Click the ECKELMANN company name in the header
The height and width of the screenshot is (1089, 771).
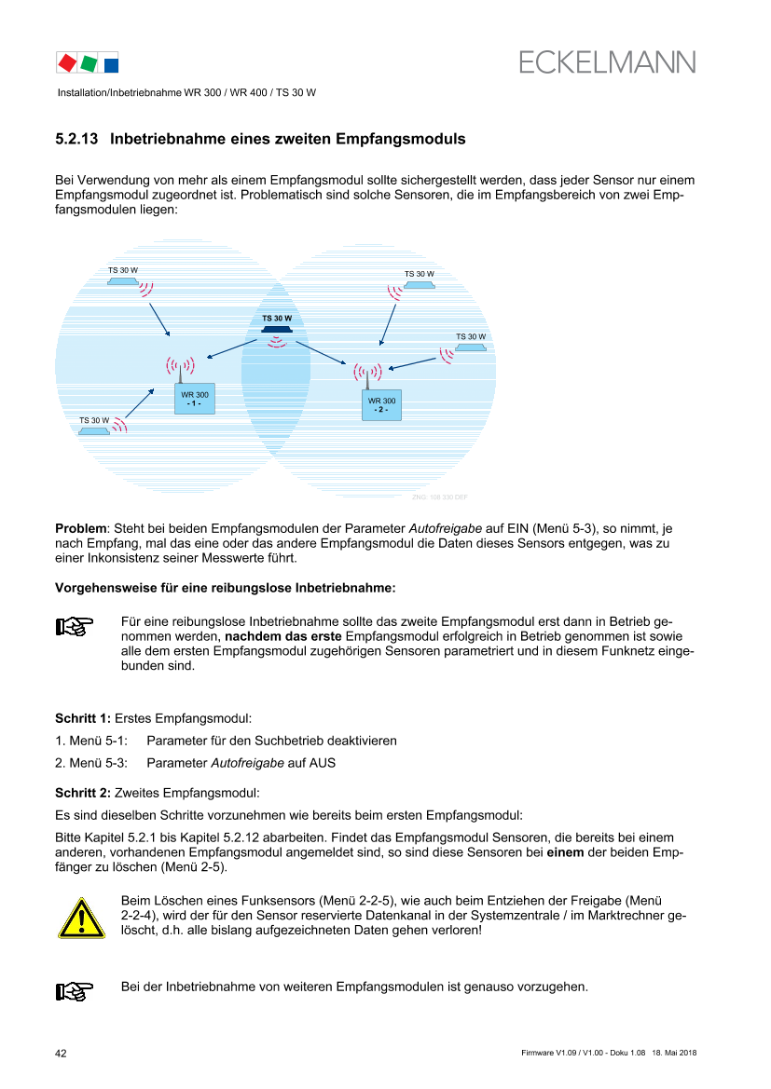click(607, 62)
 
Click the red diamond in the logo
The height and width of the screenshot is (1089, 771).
click(67, 63)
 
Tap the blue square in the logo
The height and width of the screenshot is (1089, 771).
click(111, 65)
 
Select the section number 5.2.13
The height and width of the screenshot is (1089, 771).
click(76, 139)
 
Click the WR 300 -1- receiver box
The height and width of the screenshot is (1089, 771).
click(194, 399)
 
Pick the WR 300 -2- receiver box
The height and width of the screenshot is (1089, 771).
click(381, 405)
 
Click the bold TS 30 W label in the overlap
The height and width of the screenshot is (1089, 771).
click(277, 318)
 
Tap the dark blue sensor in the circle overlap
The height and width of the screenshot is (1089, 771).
click(277, 329)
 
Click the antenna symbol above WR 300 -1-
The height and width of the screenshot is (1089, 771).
click(180, 368)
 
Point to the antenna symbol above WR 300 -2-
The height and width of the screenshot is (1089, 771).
click(367, 375)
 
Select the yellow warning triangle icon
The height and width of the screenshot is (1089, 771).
click(81, 919)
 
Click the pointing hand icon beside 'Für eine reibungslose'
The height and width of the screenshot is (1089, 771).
click(75, 626)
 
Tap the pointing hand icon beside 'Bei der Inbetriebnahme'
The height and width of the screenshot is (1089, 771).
click(75, 991)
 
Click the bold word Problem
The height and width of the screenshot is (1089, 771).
click(81, 528)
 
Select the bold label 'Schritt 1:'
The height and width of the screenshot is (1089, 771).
click(83, 719)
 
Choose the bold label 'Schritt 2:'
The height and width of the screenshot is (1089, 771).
click(83, 793)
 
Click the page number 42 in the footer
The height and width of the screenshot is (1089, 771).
click(62, 1054)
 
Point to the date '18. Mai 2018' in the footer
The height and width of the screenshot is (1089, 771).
click(674, 1053)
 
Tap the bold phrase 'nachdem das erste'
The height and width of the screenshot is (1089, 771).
click(283, 636)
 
